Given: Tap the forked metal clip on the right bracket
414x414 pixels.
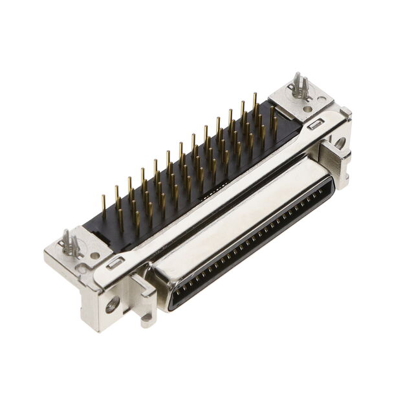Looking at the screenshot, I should pyautogui.click(x=299, y=86).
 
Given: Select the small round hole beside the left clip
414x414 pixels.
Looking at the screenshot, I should pyautogui.click(x=94, y=256).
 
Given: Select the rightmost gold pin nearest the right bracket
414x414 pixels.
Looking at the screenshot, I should pyautogui.click(x=274, y=123).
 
